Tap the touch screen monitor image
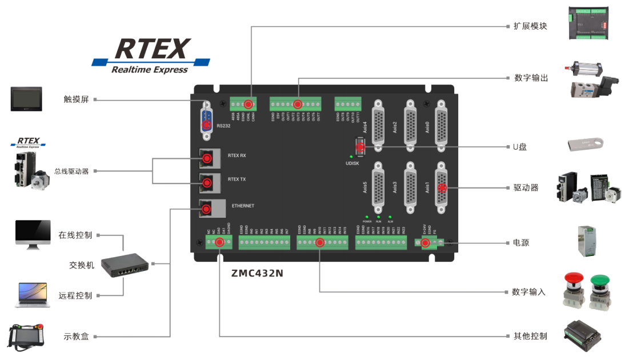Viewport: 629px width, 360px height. [x=26, y=99]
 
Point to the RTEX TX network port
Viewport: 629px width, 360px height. [x=207, y=183]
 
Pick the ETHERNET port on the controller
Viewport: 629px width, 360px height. [x=207, y=209]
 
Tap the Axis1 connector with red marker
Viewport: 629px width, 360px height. [x=442, y=187]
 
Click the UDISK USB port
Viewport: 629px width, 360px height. [x=360, y=147]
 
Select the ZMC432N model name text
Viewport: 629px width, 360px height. [x=257, y=273]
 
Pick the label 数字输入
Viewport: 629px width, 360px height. [x=530, y=292]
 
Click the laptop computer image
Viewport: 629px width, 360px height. [x=32, y=295]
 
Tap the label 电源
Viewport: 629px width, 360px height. [x=521, y=243]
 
